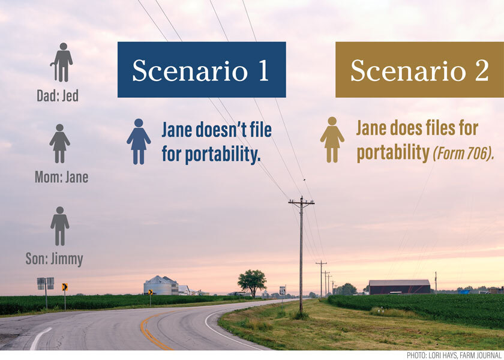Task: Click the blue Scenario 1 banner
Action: [201, 70]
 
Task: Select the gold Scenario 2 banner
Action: [419, 70]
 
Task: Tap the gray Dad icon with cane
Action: [61, 62]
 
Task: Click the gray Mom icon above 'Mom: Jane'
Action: [59, 144]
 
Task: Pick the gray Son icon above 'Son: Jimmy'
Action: [59, 226]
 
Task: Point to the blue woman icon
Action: [139, 142]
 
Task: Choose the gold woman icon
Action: [332, 140]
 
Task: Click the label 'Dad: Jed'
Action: [58, 96]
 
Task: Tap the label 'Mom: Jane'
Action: [61, 178]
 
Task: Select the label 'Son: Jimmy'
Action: [54, 259]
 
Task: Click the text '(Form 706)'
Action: [463, 154]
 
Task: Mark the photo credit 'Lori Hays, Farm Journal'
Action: [454, 355]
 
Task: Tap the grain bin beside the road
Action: [158, 286]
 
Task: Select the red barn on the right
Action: [399, 287]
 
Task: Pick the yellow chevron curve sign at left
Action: [65, 287]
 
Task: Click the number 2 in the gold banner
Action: [481, 71]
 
